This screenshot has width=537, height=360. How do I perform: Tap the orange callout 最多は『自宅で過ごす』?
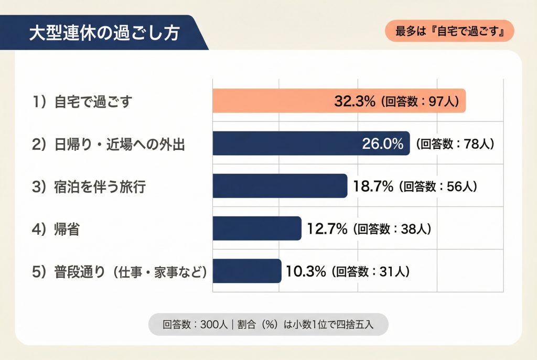449,31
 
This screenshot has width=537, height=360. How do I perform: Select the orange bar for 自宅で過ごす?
273,101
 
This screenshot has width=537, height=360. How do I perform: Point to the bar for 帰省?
257,228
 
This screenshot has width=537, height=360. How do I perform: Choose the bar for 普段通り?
246,271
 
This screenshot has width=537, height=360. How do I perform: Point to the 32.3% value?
355,101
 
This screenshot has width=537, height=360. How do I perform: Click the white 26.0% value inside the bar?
383,144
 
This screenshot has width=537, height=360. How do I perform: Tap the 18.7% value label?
372,186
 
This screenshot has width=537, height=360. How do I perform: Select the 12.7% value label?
326,228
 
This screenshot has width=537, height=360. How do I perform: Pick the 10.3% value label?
306,271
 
